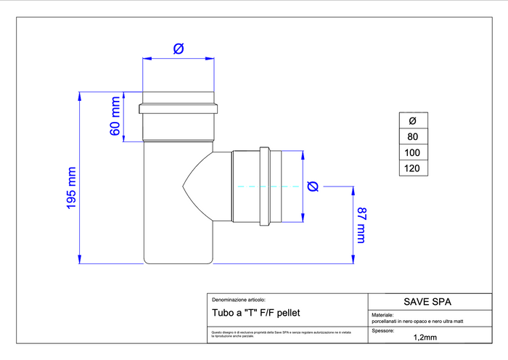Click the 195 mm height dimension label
(71, 188)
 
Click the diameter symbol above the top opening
(179, 49)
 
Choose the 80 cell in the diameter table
(413, 136)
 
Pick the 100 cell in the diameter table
(413, 152)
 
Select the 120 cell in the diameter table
(413, 168)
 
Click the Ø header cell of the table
(413, 120)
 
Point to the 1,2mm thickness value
(425, 337)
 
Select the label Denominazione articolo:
(239, 299)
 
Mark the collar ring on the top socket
(179, 110)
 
